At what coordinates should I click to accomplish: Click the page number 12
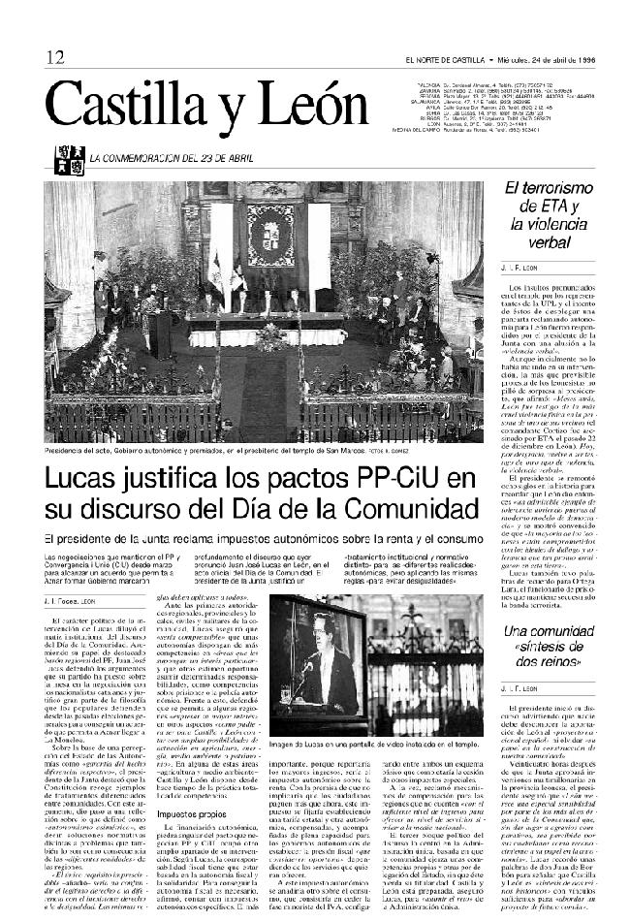click(x=53, y=58)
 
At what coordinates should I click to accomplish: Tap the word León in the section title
click(x=309, y=104)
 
